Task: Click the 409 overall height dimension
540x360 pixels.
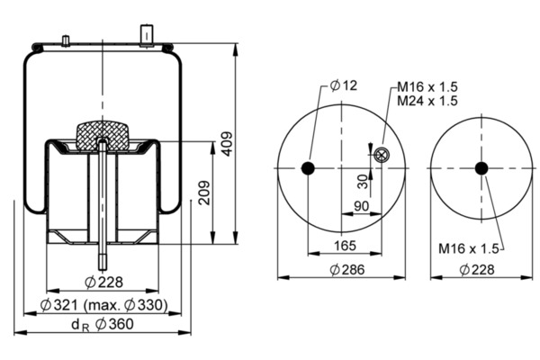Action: click(x=227, y=144)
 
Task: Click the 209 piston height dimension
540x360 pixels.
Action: click(x=204, y=193)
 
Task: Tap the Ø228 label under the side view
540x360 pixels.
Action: click(x=103, y=282)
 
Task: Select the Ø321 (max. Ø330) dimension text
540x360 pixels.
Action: click(x=104, y=305)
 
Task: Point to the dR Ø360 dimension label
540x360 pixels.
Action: click(x=103, y=325)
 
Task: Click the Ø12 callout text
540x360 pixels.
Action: click(x=344, y=85)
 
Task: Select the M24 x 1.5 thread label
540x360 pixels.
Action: click(x=427, y=101)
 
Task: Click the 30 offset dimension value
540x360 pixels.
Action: click(x=363, y=182)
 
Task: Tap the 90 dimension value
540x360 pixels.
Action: click(x=361, y=206)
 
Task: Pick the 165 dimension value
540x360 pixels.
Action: click(x=345, y=246)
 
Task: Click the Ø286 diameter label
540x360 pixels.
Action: click(x=347, y=269)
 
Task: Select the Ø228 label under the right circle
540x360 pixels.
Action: click(x=477, y=269)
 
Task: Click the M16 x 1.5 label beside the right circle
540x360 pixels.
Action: click(x=468, y=248)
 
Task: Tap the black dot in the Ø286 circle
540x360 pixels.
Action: click(x=308, y=168)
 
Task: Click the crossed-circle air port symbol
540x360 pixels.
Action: click(x=382, y=155)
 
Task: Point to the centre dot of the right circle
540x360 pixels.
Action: click(x=481, y=168)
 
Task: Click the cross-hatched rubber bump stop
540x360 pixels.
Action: click(x=102, y=135)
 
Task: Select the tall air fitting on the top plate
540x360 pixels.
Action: click(x=147, y=35)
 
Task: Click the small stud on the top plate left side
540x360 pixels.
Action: click(x=66, y=40)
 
